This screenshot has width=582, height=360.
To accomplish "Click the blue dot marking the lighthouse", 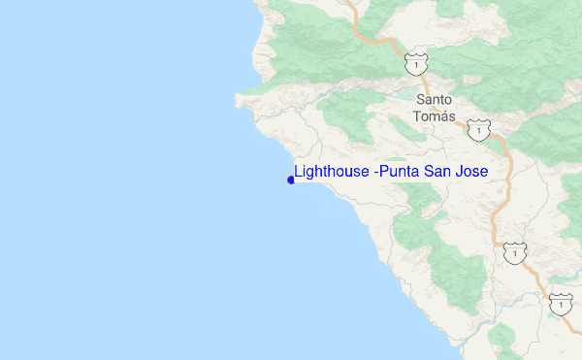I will click(x=291, y=180).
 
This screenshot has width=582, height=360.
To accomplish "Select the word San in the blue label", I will click(x=440, y=172).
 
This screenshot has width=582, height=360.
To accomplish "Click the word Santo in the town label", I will click(x=435, y=99).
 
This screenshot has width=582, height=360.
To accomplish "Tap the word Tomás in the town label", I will click(x=434, y=115).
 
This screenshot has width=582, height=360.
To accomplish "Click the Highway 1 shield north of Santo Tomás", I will click(x=414, y=62).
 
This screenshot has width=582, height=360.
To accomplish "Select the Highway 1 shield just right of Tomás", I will click(x=477, y=128).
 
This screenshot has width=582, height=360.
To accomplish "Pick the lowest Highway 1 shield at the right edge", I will click(x=559, y=303).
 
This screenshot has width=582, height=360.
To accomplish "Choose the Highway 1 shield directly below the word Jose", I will click(x=514, y=253).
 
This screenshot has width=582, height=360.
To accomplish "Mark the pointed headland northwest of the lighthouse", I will click(x=238, y=97).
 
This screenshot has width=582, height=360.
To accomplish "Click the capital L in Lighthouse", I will click(x=298, y=172).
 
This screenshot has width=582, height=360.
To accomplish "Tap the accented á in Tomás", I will click(x=443, y=115).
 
